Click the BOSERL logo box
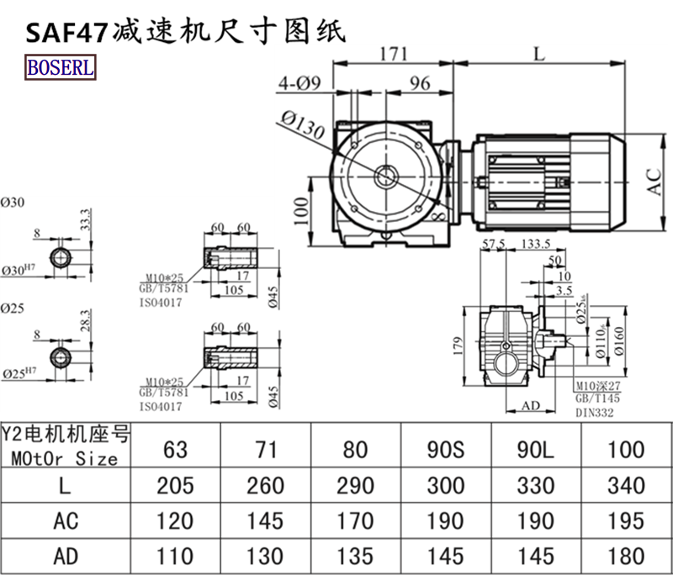click(x=61, y=66)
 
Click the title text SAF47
click(x=65, y=31)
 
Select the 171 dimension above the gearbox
click(x=393, y=55)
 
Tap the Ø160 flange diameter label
click(x=618, y=340)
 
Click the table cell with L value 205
click(x=176, y=485)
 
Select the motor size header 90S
click(x=445, y=449)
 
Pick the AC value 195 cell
click(x=625, y=521)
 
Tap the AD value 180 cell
click(x=625, y=557)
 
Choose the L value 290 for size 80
click(x=356, y=485)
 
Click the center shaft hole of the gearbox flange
click(x=388, y=177)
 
